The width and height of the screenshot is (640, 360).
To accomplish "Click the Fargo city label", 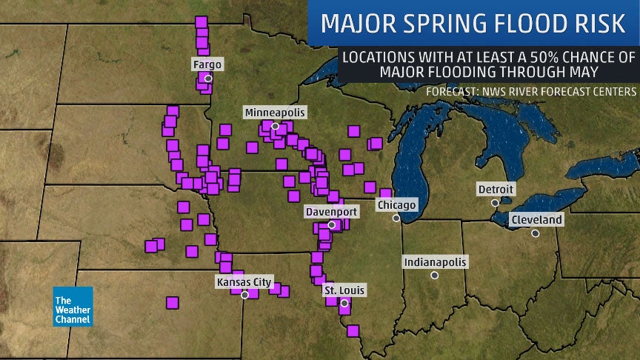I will (207, 65).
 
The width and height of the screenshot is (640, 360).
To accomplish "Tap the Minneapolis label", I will (275, 113).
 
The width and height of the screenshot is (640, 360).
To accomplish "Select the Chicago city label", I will (397, 204).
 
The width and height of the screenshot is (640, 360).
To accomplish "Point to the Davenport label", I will (332, 212).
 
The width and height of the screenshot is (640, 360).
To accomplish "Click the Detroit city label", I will (496, 190).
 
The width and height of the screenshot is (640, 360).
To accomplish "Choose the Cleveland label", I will (536, 220).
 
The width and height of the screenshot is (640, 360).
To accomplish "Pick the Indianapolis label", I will (435, 262).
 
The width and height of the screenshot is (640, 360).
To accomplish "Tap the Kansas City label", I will (244, 281).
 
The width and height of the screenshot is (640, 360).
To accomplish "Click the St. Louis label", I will (344, 291).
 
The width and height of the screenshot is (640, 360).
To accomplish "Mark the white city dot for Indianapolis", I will (435, 275).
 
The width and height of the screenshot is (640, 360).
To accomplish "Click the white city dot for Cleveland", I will (535, 233).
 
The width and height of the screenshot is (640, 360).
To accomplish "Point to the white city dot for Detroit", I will (495, 202).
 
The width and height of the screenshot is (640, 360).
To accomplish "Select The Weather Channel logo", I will (73, 306).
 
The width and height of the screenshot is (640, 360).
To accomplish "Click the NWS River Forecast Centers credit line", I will (531, 91).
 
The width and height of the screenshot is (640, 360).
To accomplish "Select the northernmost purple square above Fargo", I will (200, 22).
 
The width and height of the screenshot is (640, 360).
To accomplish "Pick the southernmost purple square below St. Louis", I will (353, 330).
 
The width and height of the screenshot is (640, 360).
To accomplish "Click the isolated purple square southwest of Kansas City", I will (173, 302).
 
